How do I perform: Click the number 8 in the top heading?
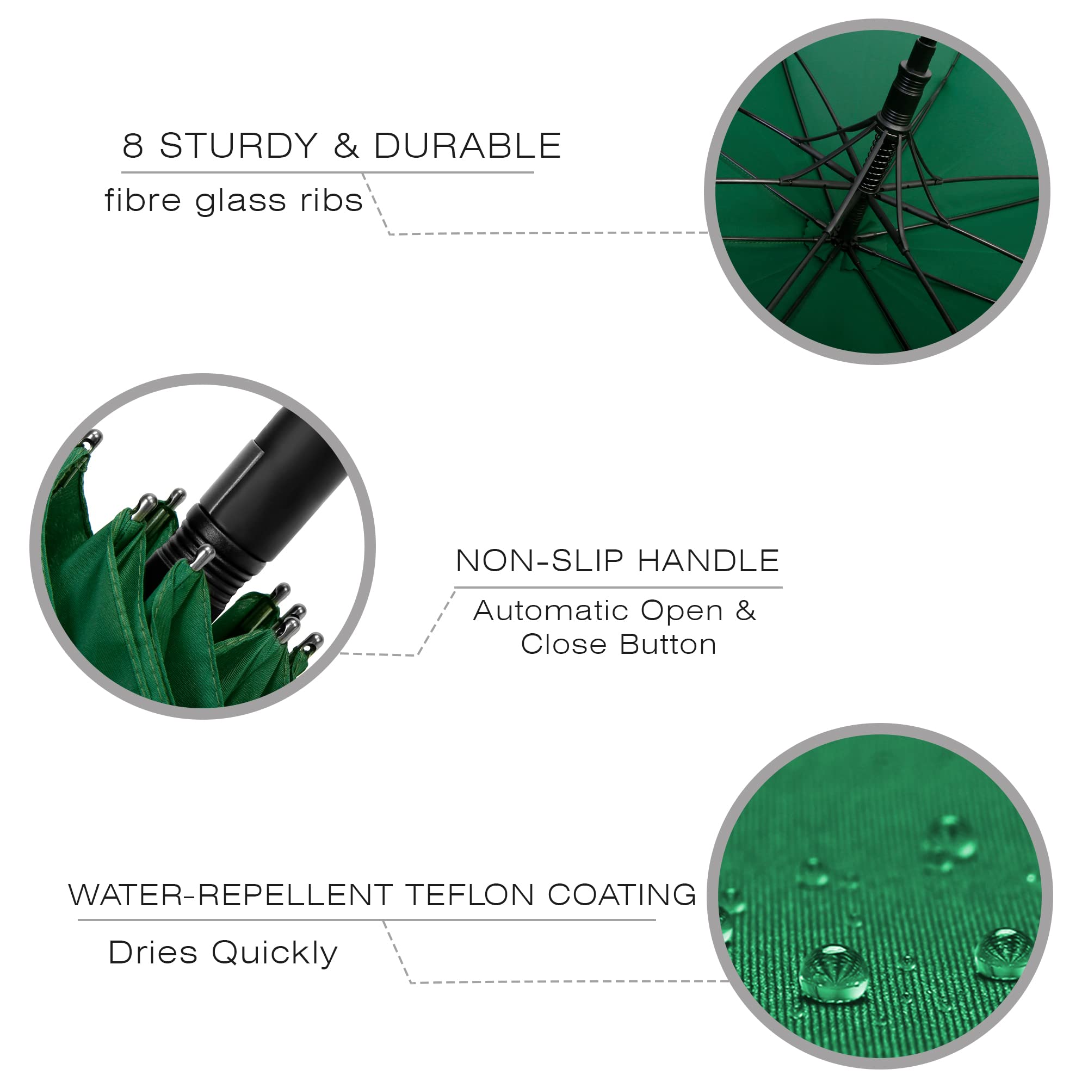[x=133, y=145]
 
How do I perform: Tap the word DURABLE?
[x=467, y=145]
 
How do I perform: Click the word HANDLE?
[x=708, y=561]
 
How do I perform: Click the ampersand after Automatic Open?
[x=746, y=610]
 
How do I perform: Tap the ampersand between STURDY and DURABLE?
[x=347, y=145]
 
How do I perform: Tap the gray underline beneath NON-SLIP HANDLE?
[x=619, y=588]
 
